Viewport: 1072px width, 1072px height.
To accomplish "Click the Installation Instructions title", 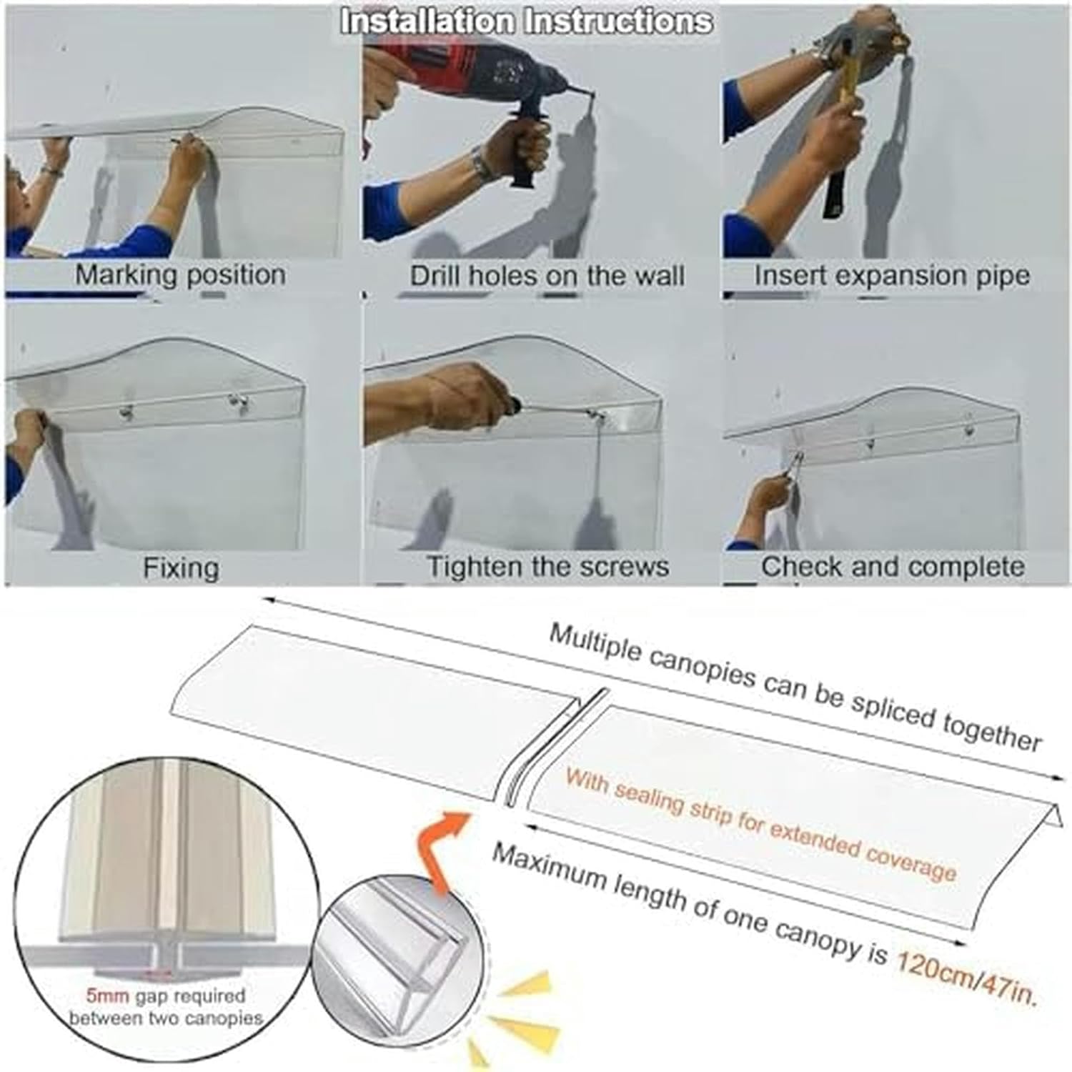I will [527, 21].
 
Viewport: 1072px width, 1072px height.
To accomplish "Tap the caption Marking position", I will [180, 275].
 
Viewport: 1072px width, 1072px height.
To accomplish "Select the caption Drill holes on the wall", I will [547, 276].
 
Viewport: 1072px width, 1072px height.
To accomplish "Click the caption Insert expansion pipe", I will [892, 276].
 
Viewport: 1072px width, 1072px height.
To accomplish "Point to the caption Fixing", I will [181, 568].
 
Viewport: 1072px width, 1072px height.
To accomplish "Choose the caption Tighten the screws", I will [548, 567].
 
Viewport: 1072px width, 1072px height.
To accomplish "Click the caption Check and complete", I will [893, 567].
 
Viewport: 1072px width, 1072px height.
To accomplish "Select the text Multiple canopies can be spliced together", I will [793, 686].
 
